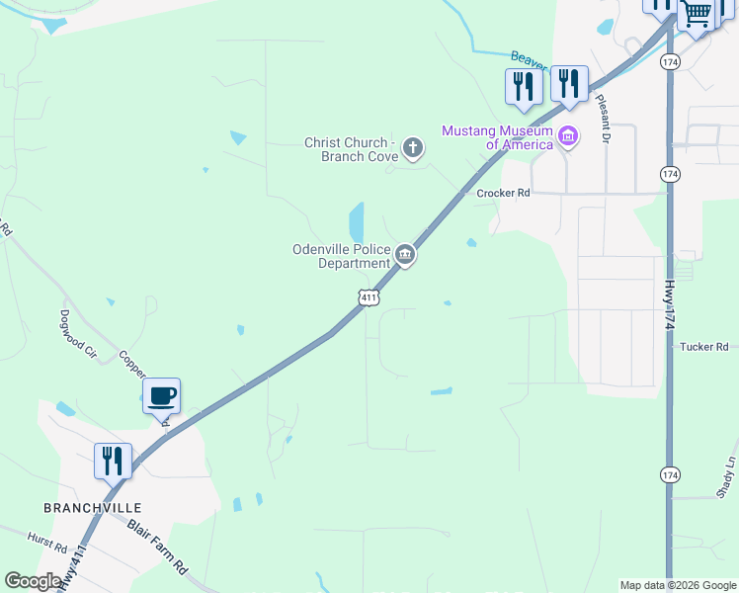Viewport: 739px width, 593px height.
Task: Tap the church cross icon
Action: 413,149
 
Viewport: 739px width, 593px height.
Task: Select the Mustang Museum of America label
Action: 497,137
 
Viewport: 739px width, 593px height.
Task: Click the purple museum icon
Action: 568,136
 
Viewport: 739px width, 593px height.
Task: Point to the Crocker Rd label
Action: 504,194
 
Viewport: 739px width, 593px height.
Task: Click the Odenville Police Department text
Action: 342,257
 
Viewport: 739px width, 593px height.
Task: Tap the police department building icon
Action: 405,256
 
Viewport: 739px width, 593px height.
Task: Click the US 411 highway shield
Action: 368,296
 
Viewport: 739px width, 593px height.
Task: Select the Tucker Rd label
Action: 703,347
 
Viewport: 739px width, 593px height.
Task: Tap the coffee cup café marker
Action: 162,396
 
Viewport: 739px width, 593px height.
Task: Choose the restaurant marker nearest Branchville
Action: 113,462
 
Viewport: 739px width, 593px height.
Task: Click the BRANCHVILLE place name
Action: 86,508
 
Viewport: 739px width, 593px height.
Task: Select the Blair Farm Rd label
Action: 157,545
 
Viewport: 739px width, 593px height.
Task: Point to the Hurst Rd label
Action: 46,546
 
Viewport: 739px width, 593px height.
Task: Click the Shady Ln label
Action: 729,475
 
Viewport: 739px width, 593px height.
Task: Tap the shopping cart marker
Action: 698,13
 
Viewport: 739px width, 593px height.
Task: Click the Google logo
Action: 33,581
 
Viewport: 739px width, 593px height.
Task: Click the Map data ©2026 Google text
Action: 677,585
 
